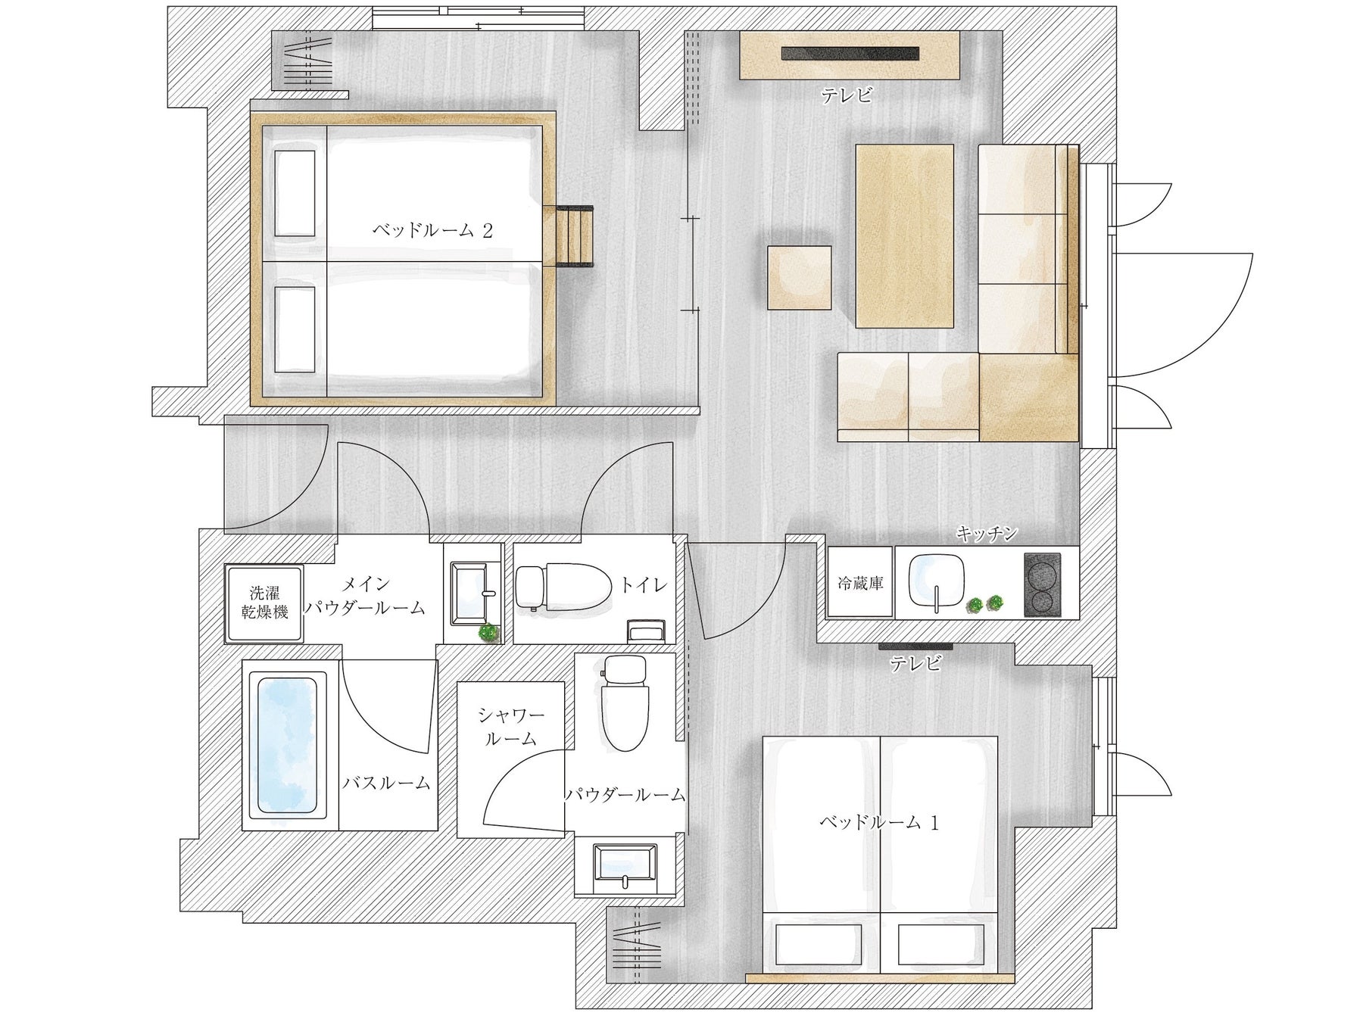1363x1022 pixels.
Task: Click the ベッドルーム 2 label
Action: click(x=432, y=230)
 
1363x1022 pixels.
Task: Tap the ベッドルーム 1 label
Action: click(x=879, y=822)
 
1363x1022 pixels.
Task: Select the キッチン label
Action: click(x=986, y=534)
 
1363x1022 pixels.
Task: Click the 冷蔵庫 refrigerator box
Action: click(x=861, y=583)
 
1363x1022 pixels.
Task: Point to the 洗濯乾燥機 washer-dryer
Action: click(x=264, y=603)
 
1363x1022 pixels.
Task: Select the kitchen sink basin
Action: click(x=936, y=580)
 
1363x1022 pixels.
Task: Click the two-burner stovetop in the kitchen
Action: click(x=1042, y=584)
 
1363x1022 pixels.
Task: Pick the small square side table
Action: click(x=800, y=278)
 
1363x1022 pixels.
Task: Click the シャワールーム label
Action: click(x=511, y=726)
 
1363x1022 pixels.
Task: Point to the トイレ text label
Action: click(x=644, y=584)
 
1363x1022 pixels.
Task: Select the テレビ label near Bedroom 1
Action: click(x=915, y=665)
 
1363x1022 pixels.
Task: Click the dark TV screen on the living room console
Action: click(x=851, y=54)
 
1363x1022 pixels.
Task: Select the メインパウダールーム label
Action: click(x=365, y=596)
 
